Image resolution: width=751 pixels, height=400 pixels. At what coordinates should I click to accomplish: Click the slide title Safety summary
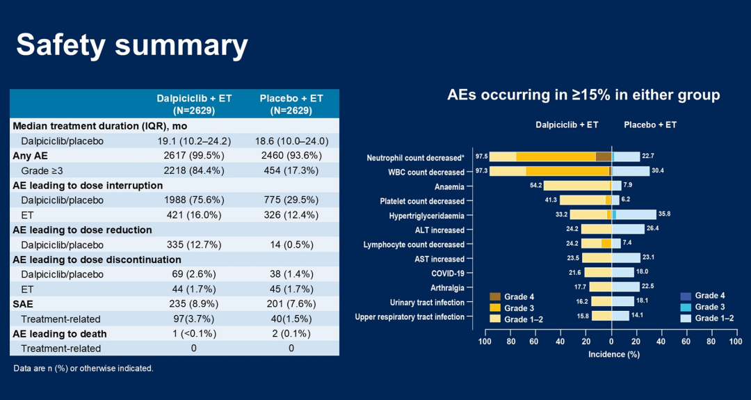pyautogui.click(x=132, y=45)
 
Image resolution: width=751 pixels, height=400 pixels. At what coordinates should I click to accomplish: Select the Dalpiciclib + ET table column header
pyautogui.click(x=194, y=104)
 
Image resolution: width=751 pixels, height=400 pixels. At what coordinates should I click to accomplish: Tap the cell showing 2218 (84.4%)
pyautogui.click(x=194, y=170)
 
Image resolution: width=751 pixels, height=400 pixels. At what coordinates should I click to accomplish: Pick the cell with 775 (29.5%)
pyautogui.click(x=291, y=200)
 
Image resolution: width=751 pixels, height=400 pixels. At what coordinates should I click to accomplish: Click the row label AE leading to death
pyautogui.click(x=60, y=334)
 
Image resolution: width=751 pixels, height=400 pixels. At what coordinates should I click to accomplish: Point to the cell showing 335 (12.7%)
pyautogui.click(x=194, y=245)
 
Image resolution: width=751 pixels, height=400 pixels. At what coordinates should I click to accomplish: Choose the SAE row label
pyautogui.click(x=23, y=304)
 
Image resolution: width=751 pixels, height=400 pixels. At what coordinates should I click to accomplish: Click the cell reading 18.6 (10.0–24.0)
pyautogui.click(x=291, y=141)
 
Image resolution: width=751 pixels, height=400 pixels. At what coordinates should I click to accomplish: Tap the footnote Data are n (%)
pyautogui.click(x=83, y=368)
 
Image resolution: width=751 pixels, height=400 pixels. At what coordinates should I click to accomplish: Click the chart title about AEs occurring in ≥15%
pyautogui.click(x=583, y=95)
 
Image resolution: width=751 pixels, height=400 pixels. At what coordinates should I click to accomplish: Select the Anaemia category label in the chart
pyautogui.click(x=449, y=186)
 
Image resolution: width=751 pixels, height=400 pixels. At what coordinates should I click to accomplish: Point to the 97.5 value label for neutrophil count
pyautogui.click(x=481, y=157)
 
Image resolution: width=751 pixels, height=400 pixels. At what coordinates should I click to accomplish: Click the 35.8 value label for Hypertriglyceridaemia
pyautogui.click(x=665, y=215)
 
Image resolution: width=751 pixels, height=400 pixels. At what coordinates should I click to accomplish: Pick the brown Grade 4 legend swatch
pyautogui.click(x=495, y=297)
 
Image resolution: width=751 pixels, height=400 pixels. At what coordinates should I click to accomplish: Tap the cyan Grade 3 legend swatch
pyautogui.click(x=685, y=307)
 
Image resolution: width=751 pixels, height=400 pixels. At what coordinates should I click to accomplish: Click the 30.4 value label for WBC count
pyautogui.click(x=658, y=172)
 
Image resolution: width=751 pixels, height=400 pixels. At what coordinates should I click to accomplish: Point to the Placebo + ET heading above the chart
pyautogui.click(x=650, y=125)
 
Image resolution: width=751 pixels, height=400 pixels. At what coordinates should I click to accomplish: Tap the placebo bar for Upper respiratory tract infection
pyautogui.click(x=620, y=317)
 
